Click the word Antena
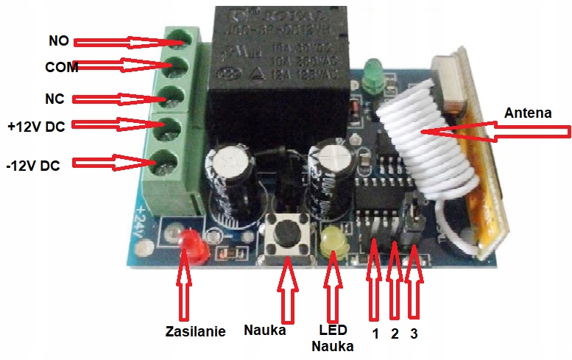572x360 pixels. click(x=528, y=113)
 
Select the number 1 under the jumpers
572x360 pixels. click(x=375, y=333)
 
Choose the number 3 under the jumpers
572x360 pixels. click(x=414, y=333)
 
